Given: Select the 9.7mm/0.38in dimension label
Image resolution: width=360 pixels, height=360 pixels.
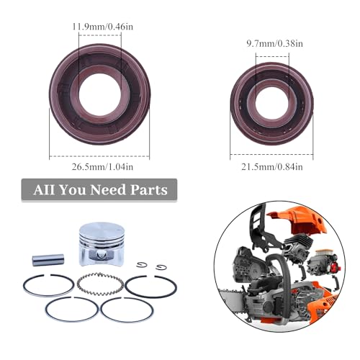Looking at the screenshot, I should click(x=266, y=42).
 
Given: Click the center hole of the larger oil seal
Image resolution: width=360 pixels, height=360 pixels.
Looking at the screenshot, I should click(x=99, y=94).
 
